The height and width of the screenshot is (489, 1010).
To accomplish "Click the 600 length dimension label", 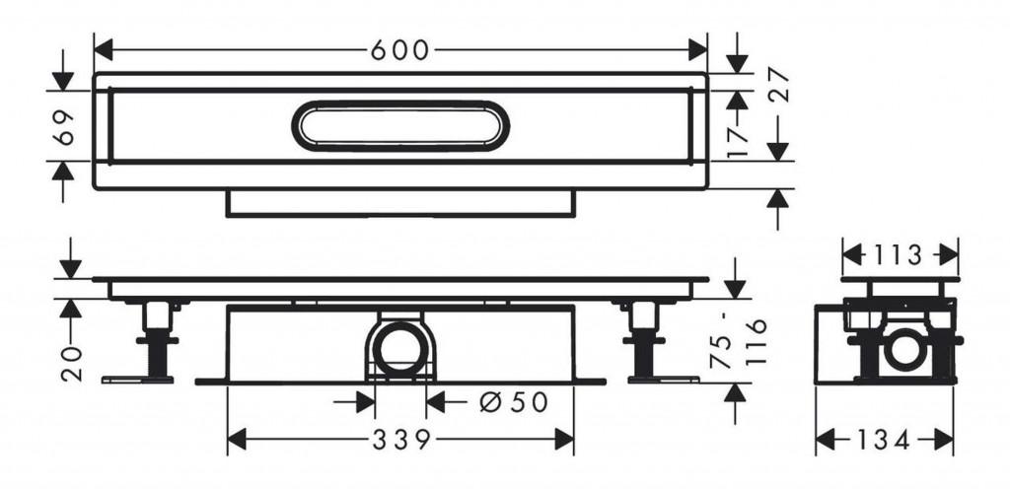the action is pos(399,50).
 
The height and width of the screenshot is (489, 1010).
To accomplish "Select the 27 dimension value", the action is pos(778,84).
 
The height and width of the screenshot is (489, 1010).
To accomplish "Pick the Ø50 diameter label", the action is pos(514,403).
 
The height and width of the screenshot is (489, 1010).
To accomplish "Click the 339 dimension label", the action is pos(400,440).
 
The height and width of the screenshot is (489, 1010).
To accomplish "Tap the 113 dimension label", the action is pos(900,255).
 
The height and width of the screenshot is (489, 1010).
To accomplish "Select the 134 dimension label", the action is pos(883,440).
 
